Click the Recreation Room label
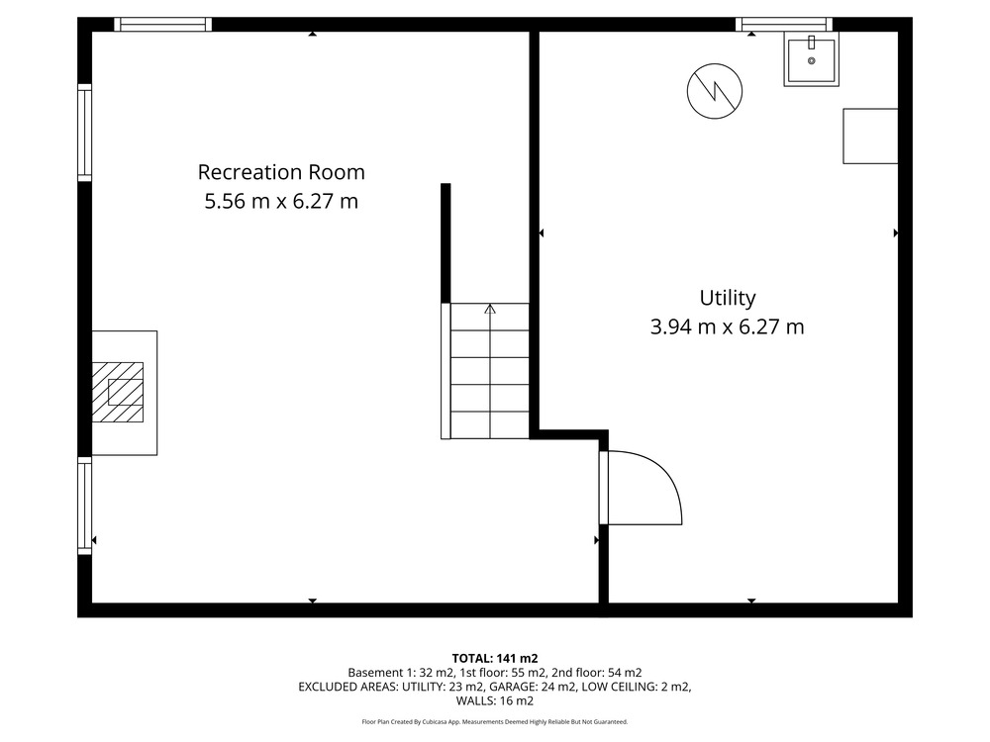coord(281,172)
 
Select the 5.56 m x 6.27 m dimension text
coord(281,201)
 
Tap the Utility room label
coord(728,298)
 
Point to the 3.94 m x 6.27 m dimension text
coord(728,326)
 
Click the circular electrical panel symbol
coord(715,91)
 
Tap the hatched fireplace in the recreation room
coord(118,392)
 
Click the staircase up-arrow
coord(490,309)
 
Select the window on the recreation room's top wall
coord(163,25)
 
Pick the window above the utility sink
coord(783,25)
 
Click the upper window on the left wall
coord(84,133)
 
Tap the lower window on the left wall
coord(84,506)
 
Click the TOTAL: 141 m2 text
coord(495,659)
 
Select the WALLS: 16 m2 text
coord(495,701)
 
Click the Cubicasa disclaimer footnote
coord(495,722)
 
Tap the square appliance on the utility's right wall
coord(870,137)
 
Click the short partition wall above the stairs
coord(445,243)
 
